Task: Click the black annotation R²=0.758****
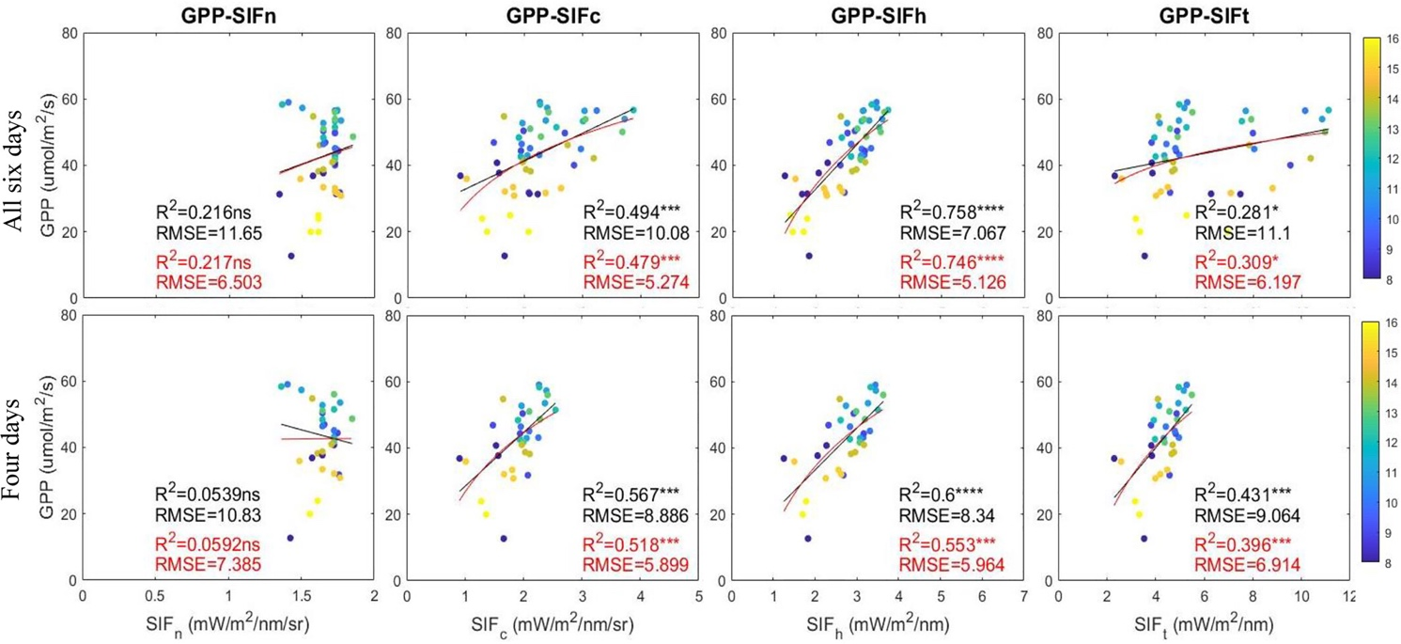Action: (x=957, y=212)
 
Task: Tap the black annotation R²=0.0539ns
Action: (x=214, y=494)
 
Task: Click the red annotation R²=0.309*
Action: (x=1239, y=259)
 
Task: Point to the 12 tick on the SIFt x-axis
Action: (x=1350, y=597)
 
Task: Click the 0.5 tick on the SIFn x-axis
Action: (x=155, y=597)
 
